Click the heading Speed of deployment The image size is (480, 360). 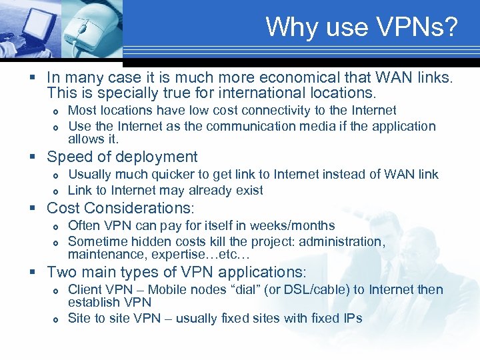(x=122, y=157)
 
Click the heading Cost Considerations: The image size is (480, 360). (x=125, y=208)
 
